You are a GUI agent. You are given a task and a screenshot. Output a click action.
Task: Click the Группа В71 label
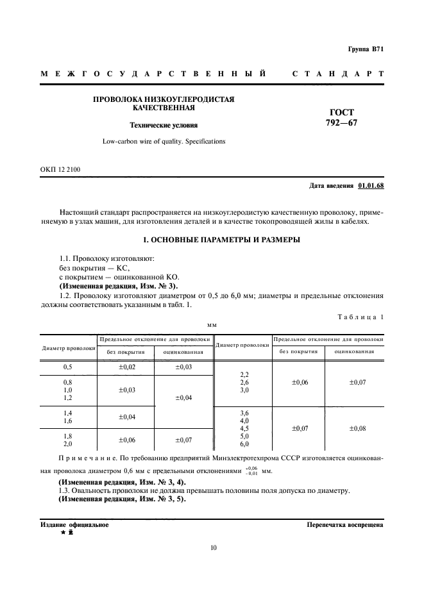[x=366, y=49]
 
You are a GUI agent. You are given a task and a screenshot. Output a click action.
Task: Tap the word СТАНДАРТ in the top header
[x=337, y=74]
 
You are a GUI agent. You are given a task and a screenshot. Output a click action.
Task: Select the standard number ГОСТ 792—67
[x=344, y=118]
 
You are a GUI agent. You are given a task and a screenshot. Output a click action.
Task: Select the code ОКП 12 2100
[x=60, y=169]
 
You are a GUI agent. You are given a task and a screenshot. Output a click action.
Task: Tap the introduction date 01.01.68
[x=371, y=186]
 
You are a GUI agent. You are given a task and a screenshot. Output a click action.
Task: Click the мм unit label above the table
[x=212, y=326]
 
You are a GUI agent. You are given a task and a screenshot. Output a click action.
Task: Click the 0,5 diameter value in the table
[x=67, y=367]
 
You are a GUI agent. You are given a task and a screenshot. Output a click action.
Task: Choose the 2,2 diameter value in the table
[x=243, y=374]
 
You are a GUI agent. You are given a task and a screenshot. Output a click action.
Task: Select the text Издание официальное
[x=74, y=524]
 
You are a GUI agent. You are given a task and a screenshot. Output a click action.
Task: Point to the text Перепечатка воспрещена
[x=346, y=524]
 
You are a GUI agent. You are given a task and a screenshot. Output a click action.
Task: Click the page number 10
[x=214, y=547]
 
